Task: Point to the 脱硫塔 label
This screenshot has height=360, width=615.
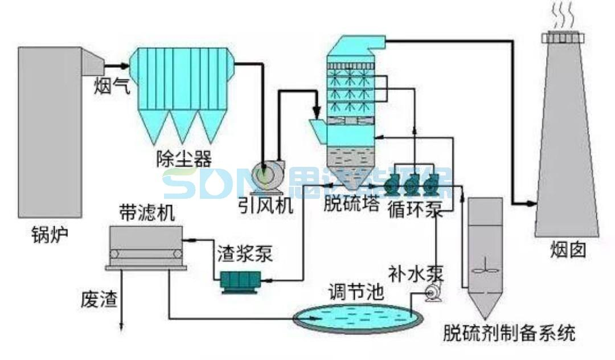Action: (352, 203)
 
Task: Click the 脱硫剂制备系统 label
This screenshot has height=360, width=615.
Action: (509, 333)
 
